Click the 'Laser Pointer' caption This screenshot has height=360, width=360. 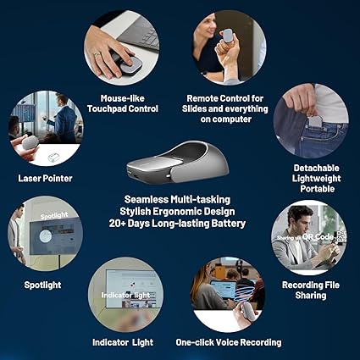point(45,179)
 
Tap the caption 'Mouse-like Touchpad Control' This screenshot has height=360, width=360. point(123,103)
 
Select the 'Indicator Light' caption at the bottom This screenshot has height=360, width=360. point(123,342)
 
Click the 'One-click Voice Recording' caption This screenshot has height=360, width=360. point(229,342)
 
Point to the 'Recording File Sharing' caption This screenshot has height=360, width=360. point(311,291)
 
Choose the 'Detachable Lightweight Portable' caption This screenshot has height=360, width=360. point(317,179)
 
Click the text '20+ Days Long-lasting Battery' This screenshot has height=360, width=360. point(177,224)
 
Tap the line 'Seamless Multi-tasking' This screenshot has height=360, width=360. point(177,200)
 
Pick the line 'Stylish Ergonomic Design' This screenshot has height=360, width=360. point(177,212)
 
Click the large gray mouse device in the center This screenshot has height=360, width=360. point(178,163)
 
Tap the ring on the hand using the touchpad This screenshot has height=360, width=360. point(97,54)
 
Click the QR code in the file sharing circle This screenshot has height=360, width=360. point(341,236)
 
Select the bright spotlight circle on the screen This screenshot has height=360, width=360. point(46,236)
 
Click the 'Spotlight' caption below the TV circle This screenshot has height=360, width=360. point(42,285)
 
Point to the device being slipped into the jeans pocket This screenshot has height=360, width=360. point(315,121)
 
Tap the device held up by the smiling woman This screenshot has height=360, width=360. point(228,36)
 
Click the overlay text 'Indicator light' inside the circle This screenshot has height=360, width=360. point(125,296)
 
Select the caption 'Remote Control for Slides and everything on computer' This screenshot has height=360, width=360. point(225,108)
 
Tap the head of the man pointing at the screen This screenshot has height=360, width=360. point(61,99)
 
